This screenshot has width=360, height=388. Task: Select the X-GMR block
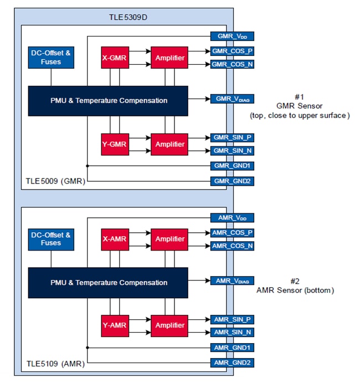pyautogui.click(x=115, y=58)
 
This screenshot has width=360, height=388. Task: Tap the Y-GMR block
pyautogui.click(x=115, y=144)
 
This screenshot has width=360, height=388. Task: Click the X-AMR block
pyautogui.click(x=115, y=239)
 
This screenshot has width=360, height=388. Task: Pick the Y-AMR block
pyautogui.click(x=115, y=325)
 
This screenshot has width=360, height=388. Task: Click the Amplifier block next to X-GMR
pyautogui.click(x=169, y=58)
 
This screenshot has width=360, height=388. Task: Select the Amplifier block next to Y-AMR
pyautogui.click(x=169, y=325)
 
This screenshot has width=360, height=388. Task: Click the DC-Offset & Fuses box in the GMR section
pyautogui.click(x=51, y=58)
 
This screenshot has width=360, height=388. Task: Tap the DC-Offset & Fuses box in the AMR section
pyautogui.click(x=51, y=239)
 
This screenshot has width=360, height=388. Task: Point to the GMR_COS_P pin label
pyautogui.click(x=232, y=52)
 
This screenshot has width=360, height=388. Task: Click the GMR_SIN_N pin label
pyautogui.click(x=232, y=151)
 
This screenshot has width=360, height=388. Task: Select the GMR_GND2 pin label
pyautogui.click(x=232, y=181)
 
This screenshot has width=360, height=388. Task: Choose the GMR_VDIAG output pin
pyautogui.click(x=232, y=99)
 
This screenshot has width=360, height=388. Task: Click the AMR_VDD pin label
pyautogui.click(x=232, y=218)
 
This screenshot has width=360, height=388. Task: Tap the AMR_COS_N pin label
pyautogui.click(x=232, y=246)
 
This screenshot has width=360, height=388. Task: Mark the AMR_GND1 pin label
pyautogui.click(x=232, y=348)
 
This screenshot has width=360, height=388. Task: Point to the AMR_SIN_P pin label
pyautogui.click(x=232, y=319)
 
